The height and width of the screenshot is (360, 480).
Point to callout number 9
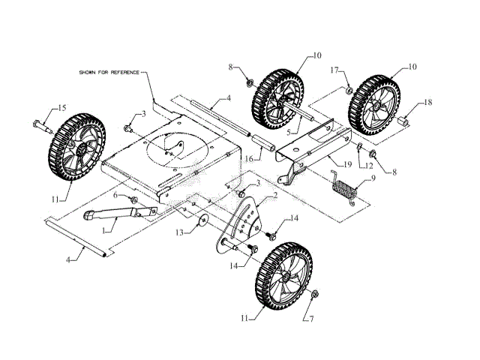367,178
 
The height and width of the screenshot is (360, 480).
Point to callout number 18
428,102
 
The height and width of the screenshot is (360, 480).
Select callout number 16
247,159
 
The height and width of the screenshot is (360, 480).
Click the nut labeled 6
132,199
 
